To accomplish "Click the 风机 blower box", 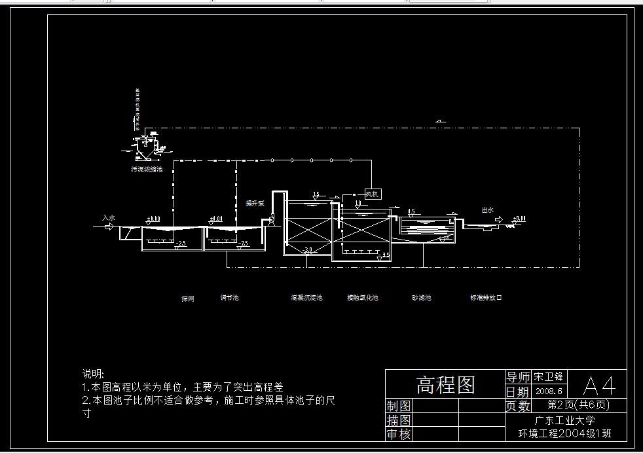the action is pos(372,194).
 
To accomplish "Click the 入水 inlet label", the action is pos(108,217).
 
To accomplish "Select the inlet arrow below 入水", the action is pos(109,226).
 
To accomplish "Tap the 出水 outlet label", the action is pos(487,210).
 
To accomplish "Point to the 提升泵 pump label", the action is pos(255,203).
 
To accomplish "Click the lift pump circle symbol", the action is pos(268,222).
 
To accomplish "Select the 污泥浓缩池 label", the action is pos(147,170).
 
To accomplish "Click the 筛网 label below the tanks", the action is pos(188,299).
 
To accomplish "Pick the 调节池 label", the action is pos(229,298).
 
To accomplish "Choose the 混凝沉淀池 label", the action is pos(306,298).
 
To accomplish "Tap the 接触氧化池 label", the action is pos(362,298).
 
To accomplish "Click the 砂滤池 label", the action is pos(421,298).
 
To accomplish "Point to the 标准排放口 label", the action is pos(486,298).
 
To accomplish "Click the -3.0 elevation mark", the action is pos(307,249).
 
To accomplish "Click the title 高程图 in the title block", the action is pos(445,384).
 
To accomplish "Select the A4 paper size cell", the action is pos(599,384).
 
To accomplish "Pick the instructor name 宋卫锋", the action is pos(548,376).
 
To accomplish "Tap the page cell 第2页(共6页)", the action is pos(578,405).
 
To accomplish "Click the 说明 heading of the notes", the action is pos(92,374).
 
